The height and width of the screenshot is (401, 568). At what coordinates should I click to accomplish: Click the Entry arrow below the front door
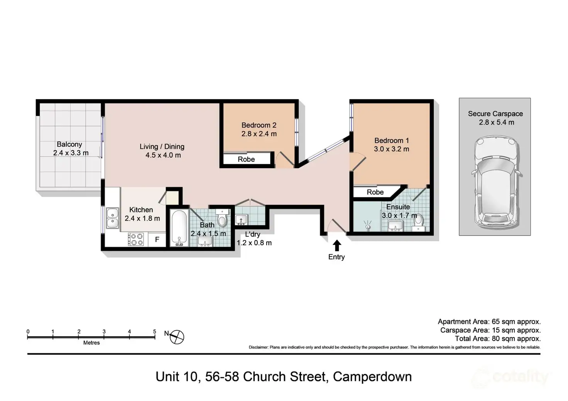(x=337, y=245)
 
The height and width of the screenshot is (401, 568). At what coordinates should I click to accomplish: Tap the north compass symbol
(x=177, y=337)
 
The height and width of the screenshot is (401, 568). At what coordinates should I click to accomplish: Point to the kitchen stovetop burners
(x=136, y=239)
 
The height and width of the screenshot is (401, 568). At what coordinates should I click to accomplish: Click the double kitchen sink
(x=112, y=218)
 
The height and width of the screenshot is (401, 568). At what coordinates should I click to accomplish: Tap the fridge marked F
(x=157, y=240)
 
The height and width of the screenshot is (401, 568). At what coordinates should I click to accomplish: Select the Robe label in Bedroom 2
(x=246, y=159)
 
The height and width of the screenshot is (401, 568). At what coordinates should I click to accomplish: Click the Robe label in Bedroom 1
(x=375, y=192)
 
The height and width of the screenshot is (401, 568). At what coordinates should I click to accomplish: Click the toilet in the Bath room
(x=222, y=220)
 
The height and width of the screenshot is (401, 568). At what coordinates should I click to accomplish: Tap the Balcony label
(x=69, y=144)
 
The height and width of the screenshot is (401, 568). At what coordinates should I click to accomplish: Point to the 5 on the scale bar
(x=155, y=332)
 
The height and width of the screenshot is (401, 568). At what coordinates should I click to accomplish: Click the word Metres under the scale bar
(x=91, y=343)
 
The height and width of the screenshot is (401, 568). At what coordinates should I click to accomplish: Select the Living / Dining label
(x=162, y=147)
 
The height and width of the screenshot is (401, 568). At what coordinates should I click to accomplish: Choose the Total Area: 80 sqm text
(x=497, y=339)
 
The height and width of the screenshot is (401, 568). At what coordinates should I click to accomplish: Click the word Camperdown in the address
(x=372, y=376)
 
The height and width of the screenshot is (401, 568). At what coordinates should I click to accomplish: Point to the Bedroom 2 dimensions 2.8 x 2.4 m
(x=259, y=134)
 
